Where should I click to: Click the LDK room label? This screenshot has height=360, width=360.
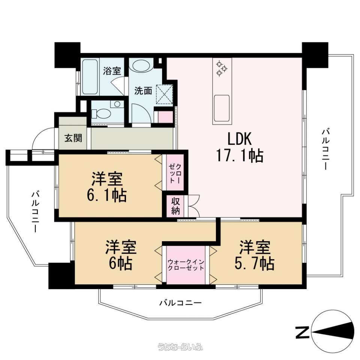(240, 139)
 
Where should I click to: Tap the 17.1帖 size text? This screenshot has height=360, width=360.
(240, 156)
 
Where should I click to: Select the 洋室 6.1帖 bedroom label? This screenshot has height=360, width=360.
(107, 187)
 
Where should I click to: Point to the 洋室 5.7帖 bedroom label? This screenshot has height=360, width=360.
(254, 255)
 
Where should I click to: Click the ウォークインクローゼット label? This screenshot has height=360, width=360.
(186, 265)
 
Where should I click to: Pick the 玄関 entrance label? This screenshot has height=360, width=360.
(73, 138)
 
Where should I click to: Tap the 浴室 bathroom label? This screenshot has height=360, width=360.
(112, 71)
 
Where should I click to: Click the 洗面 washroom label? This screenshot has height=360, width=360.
(143, 91)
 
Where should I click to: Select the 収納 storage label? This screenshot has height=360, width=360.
(175, 206)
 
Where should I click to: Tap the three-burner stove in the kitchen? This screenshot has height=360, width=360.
(222, 68)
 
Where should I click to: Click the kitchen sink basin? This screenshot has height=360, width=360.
(222, 108)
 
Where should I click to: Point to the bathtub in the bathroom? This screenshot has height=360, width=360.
(90, 76)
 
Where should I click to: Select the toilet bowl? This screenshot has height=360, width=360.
(101, 114)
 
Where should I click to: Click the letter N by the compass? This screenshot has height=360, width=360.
(302, 332)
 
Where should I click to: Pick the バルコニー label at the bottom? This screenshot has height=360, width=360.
(180, 303)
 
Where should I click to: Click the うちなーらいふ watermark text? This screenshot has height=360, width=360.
(180, 346)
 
